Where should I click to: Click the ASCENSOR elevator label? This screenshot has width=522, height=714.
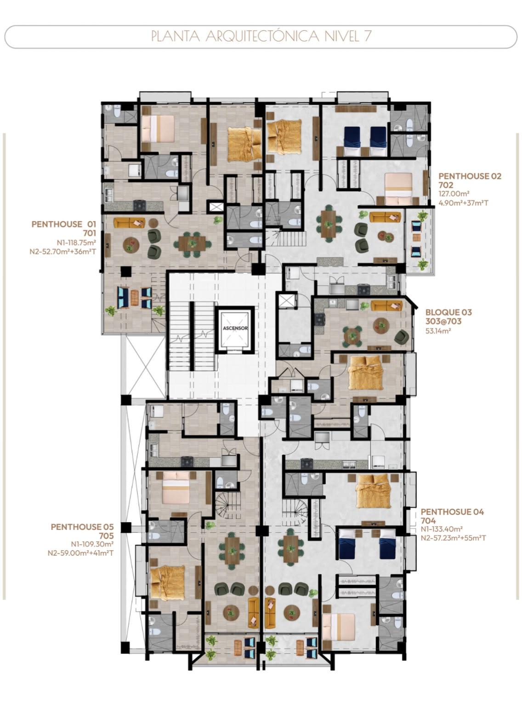(235, 328)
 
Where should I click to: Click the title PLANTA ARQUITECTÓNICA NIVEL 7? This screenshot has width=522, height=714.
(261, 36)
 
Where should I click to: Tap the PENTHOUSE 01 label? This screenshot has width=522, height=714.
(64, 224)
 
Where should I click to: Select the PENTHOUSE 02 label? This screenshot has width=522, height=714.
(470, 176)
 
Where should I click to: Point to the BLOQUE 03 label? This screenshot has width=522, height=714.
(448, 312)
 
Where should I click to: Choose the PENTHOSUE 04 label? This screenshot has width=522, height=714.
(452, 512)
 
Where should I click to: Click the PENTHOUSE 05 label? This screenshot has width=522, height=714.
(82, 527)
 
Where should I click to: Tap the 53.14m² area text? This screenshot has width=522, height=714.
(438, 331)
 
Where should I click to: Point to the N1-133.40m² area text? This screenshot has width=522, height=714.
(442, 529)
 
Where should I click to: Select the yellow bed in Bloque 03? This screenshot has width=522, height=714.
(365, 373)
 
